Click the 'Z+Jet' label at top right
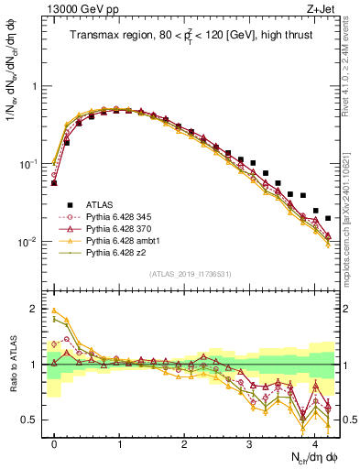(321, 9)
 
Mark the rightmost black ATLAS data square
(328, 218)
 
